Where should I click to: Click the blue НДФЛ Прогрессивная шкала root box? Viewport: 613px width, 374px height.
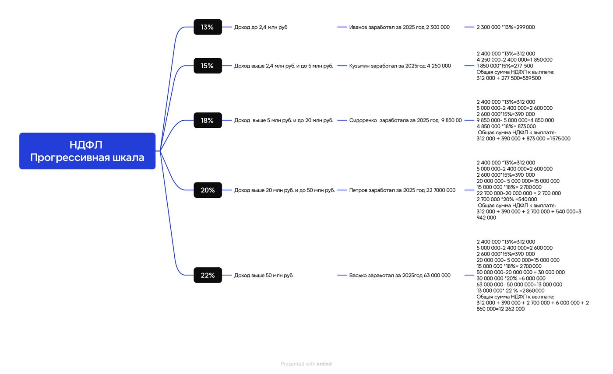pyautogui.click(x=87, y=151)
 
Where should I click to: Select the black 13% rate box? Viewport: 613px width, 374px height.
pyautogui.click(x=208, y=27)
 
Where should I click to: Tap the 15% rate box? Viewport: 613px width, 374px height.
pyautogui.click(x=208, y=66)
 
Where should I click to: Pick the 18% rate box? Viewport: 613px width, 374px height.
pyautogui.click(x=208, y=120)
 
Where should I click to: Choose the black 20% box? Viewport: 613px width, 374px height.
pyautogui.click(x=208, y=190)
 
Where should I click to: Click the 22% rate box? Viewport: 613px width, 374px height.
pyautogui.click(x=208, y=275)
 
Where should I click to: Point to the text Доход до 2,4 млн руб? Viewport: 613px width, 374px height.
pyautogui.click(x=261, y=27)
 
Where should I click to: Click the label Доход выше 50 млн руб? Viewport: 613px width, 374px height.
pyautogui.click(x=264, y=275)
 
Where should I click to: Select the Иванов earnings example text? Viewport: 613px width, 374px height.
pyautogui.click(x=399, y=27)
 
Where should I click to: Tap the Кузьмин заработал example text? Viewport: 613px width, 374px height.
pyautogui.click(x=400, y=66)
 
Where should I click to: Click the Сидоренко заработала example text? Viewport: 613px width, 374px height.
pyautogui.click(x=405, y=120)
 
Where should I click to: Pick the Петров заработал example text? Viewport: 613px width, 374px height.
pyautogui.click(x=402, y=190)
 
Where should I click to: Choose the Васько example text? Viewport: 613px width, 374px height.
pyautogui.click(x=399, y=275)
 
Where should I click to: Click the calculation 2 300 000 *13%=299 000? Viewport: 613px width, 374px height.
pyautogui.click(x=505, y=27)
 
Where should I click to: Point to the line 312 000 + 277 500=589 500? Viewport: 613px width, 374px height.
pyautogui.click(x=508, y=78)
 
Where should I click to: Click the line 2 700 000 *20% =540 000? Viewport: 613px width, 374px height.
pyautogui.click(x=507, y=199)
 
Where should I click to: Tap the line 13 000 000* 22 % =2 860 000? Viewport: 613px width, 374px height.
pyautogui.click(x=511, y=290)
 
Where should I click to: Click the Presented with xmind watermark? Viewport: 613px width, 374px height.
pyautogui.click(x=306, y=364)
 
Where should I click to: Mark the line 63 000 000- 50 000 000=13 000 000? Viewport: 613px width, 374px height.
pyautogui.click(x=519, y=285)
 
